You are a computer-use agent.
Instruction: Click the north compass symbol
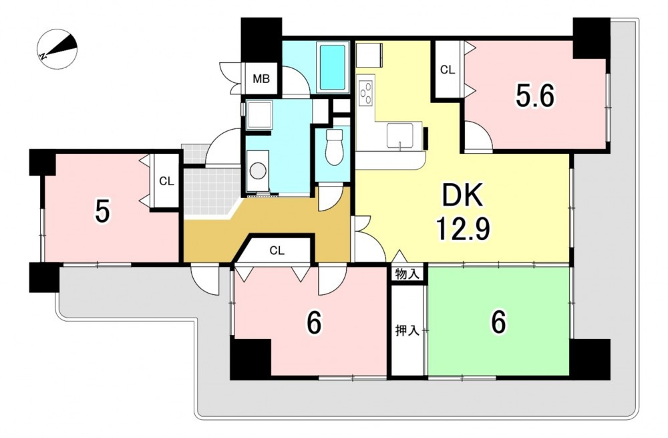pos(57,49)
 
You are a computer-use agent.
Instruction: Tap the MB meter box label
pos(261,79)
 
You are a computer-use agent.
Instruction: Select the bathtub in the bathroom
pos(332,67)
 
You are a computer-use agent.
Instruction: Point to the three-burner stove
pos(366,92)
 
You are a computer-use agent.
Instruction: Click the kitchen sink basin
pos(399,136)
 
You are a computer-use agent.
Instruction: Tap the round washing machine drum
pos(257,171)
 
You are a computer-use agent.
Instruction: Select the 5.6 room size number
pos(534,96)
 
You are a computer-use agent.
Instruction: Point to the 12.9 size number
pos(462,229)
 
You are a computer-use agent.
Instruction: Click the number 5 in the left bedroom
pos(102,212)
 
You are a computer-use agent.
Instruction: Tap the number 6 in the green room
pos(498,322)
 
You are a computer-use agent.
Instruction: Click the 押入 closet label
pos(407,330)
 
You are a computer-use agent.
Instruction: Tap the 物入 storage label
pos(407,273)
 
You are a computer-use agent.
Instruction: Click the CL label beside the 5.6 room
pos(448,70)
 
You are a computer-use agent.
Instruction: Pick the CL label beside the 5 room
pos(166,181)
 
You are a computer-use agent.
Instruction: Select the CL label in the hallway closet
pos(277,251)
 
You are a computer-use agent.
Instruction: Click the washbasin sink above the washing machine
pos(258,115)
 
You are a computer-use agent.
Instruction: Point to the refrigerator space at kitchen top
pos(370,54)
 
